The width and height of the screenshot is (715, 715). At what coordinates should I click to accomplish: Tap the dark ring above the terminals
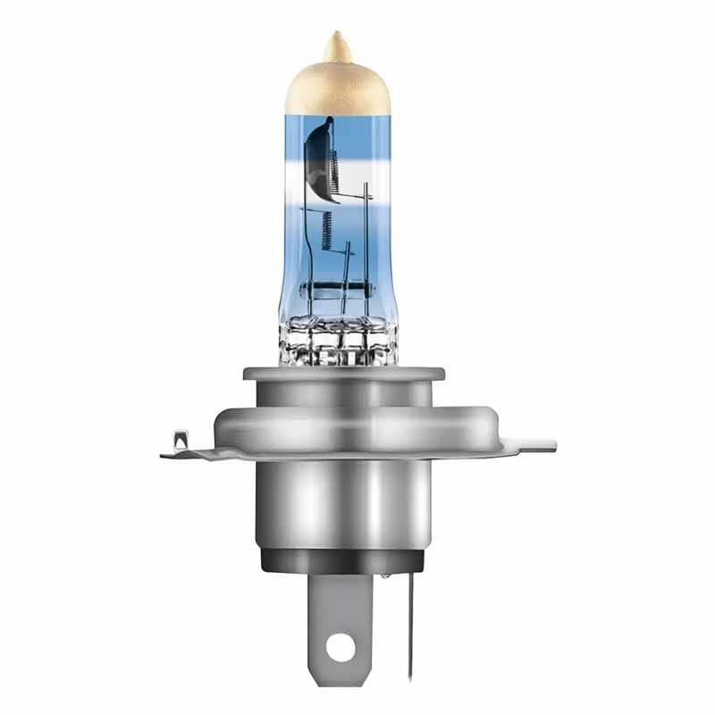tap(340, 560)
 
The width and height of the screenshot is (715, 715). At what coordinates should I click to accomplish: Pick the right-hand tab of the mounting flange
tap(527, 443)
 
